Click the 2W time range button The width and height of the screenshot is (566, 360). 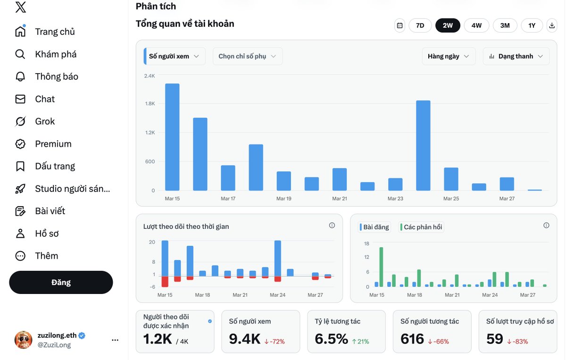point(448,25)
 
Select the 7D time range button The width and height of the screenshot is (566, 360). point(420,25)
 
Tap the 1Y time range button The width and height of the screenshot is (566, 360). point(532,25)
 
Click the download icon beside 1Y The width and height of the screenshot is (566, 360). point(551,25)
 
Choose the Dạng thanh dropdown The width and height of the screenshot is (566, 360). point(516,56)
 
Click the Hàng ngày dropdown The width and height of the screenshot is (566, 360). point(448,56)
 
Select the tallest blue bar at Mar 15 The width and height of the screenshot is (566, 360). point(172,137)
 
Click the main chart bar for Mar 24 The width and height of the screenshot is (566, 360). point(423,145)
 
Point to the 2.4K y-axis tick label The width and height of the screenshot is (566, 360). point(150,76)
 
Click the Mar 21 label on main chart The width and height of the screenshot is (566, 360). point(340,199)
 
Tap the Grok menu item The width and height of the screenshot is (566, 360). point(45,121)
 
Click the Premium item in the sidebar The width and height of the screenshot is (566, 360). point(53,144)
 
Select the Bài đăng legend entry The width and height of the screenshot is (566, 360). point(375,227)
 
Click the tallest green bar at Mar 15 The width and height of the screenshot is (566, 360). point(381,267)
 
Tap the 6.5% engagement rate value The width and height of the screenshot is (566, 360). point(331,338)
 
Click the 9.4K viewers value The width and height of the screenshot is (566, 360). point(245,338)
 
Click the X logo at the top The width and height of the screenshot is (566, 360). point(21,8)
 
